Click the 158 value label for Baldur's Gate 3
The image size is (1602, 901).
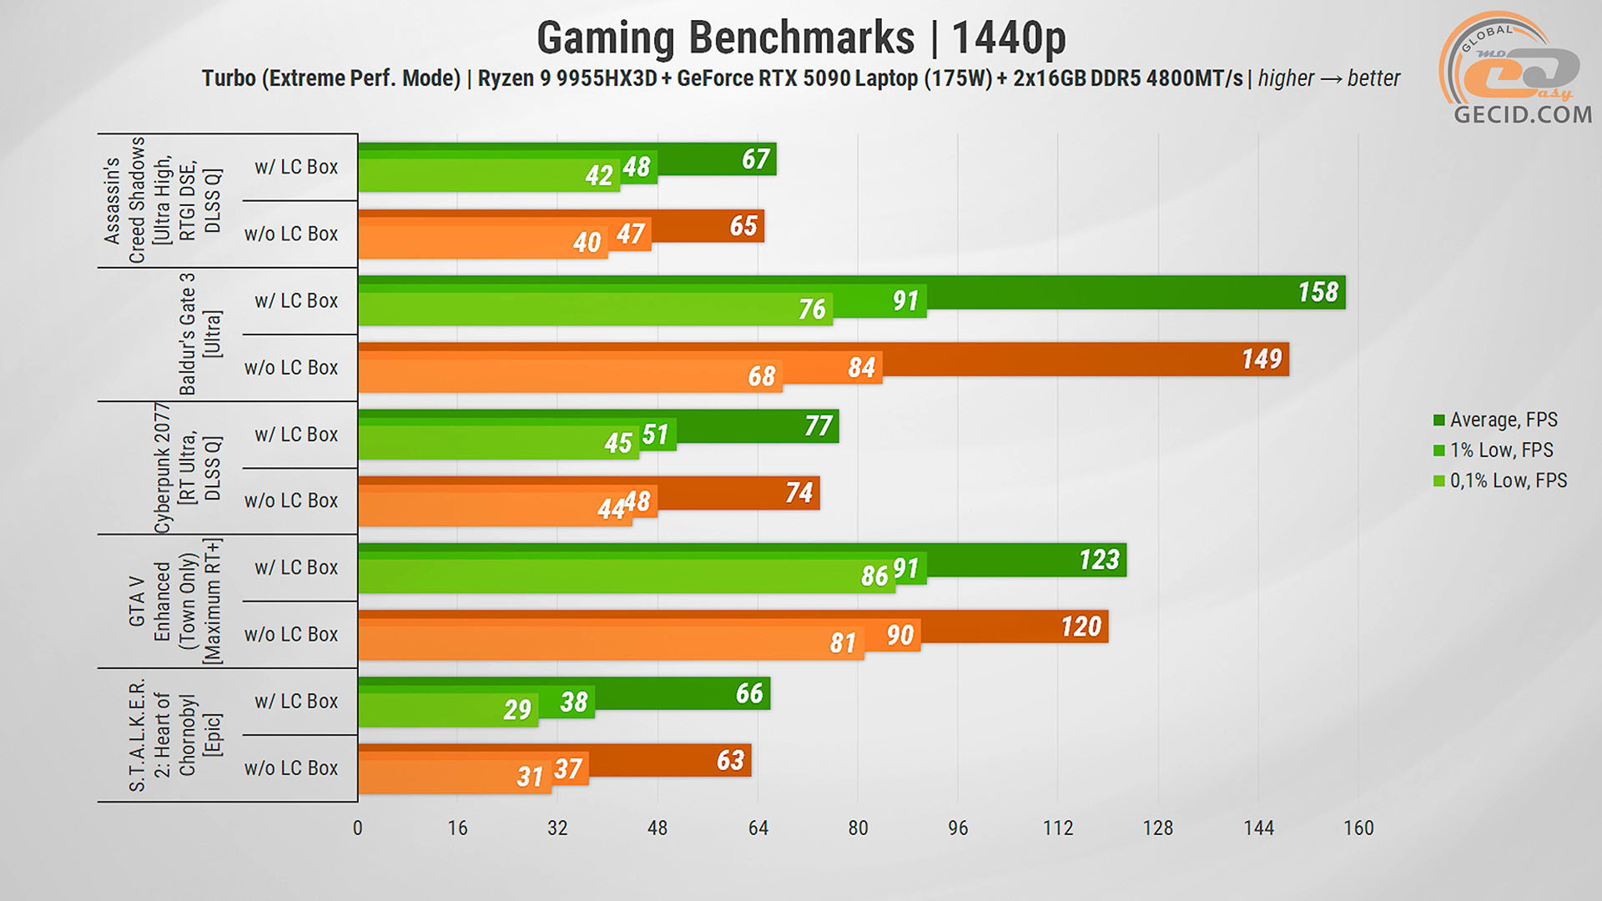(1317, 292)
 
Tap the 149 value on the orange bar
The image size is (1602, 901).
(1261, 359)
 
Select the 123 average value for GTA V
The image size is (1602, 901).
(1099, 559)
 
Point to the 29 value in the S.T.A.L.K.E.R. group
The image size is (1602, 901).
(517, 709)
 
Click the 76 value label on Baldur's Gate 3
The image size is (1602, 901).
(811, 309)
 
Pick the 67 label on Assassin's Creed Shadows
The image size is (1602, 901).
(755, 159)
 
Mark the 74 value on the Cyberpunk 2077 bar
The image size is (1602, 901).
(798, 492)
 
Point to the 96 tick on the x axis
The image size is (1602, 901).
(958, 828)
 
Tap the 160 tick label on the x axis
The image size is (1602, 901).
(1358, 828)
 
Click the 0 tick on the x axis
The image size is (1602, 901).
(358, 828)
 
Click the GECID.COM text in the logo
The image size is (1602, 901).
(1523, 114)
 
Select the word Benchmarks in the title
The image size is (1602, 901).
(801, 38)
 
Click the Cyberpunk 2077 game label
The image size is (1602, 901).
(163, 467)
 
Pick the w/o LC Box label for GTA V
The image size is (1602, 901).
(291, 634)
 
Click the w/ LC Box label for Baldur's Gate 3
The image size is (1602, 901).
(296, 300)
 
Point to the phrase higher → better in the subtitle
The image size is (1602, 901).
(1328, 78)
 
